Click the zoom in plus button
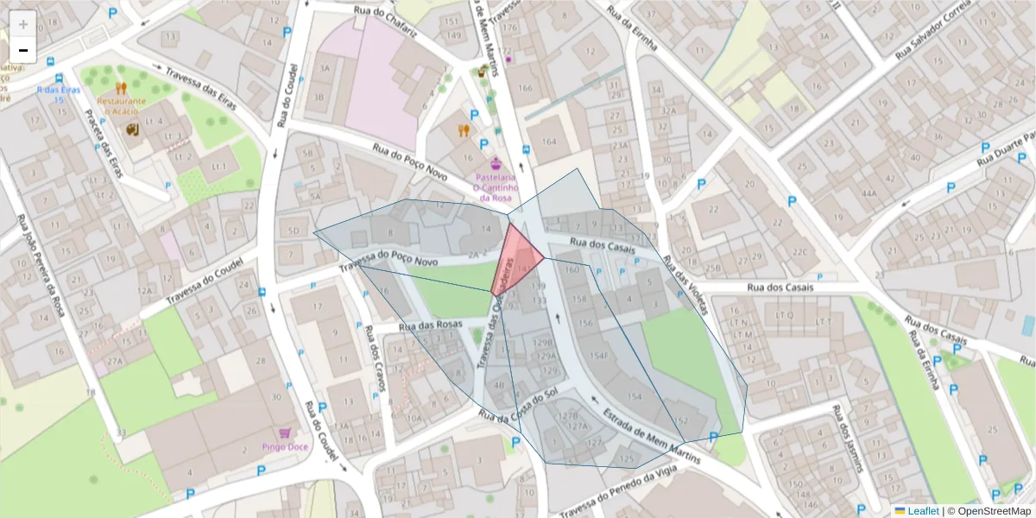pos(23,23)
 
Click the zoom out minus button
pos(23,51)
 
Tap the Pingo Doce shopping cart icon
pos(285,433)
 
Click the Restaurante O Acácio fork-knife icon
pos(121,87)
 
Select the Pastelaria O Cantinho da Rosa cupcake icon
pos(496,163)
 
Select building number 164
pos(548,142)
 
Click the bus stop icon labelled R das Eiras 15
pos(51,62)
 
